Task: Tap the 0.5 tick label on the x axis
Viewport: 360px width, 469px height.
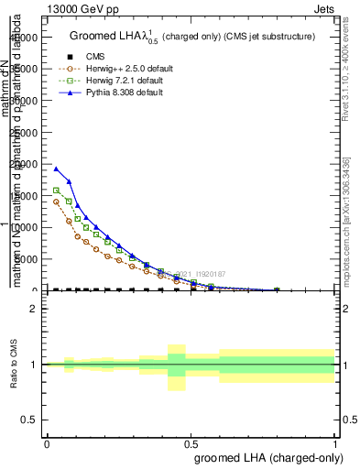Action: [191, 443]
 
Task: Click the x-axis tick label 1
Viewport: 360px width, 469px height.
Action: [335, 443]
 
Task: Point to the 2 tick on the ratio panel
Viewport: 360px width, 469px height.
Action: [34, 309]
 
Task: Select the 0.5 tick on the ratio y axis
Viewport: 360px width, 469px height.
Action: [29, 420]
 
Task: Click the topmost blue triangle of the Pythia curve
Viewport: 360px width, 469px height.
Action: [56, 169]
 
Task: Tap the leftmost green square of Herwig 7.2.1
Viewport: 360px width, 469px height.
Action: [56, 191]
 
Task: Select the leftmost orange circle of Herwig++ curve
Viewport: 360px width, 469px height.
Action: [56, 202]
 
